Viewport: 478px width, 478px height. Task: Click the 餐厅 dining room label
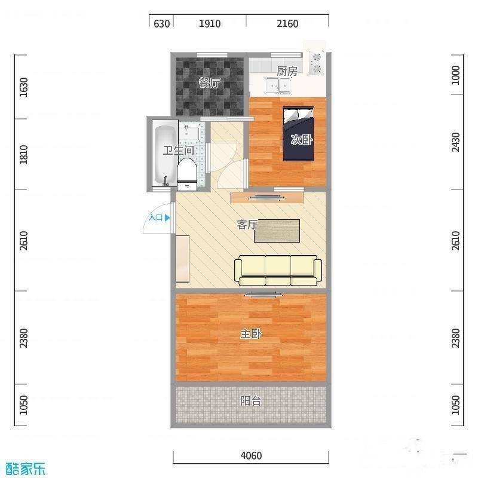click(x=208, y=84)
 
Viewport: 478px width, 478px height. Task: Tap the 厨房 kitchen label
click(x=287, y=71)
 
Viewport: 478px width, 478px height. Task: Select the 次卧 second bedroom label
click(x=301, y=140)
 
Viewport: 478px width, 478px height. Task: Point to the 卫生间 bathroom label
click(x=178, y=151)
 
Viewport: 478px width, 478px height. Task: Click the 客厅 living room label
click(x=247, y=225)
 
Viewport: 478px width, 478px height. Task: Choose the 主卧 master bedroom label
click(x=251, y=335)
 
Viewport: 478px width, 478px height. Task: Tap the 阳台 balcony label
click(x=251, y=401)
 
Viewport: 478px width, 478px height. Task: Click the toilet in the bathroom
click(x=187, y=174)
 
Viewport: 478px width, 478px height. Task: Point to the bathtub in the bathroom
click(x=162, y=155)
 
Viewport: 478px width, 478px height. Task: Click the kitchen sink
click(x=277, y=87)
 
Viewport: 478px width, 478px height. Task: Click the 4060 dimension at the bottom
click(x=251, y=456)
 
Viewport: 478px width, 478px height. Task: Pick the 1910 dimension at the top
click(x=209, y=24)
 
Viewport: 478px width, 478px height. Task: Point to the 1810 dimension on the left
click(x=23, y=154)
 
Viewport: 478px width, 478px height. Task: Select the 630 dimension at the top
click(x=162, y=24)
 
